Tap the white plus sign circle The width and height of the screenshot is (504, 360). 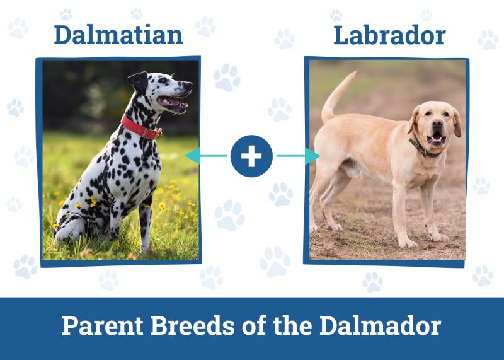click(x=251, y=156)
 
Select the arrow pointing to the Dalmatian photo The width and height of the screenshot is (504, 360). click(x=202, y=156)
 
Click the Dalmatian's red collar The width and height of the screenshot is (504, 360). click(x=140, y=128)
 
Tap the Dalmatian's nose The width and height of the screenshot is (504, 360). click(x=188, y=85)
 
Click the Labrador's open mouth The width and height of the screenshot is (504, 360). click(x=435, y=137)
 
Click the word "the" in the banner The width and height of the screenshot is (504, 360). click(x=293, y=326)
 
